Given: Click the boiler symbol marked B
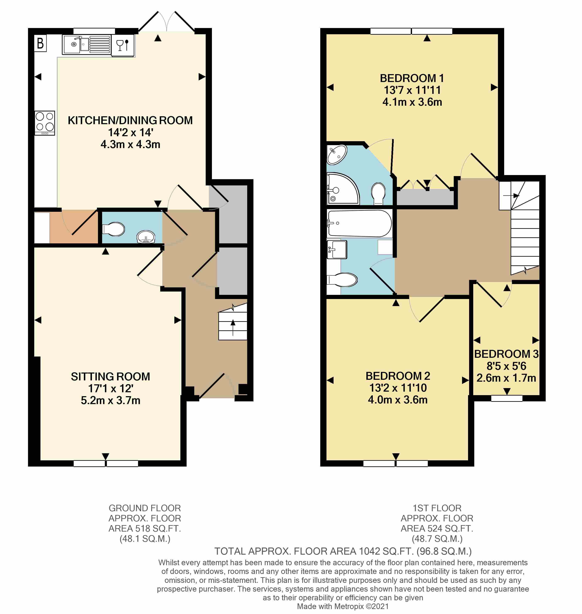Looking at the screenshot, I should tap(40, 43).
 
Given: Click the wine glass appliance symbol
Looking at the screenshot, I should tap(122, 45).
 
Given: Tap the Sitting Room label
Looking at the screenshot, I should tap(110, 376).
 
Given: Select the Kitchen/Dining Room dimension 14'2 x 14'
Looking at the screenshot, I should tap(130, 132).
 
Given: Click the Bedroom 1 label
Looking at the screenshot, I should tap(412, 78).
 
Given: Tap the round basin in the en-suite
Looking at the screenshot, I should tap(337, 154).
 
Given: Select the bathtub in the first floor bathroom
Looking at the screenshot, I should tap(359, 223).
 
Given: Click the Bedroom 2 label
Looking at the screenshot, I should tap(398, 376).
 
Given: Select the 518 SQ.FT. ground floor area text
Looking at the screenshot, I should tap(145, 528).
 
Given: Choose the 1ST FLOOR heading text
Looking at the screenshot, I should tap(437, 508).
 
